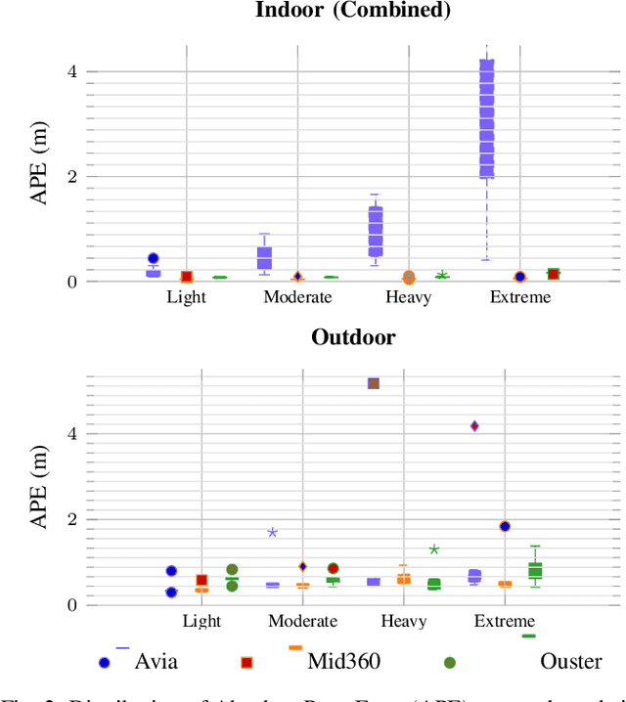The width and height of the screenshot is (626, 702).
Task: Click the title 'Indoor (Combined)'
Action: [352, 11]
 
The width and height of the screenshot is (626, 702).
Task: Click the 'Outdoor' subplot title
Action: [353, 337]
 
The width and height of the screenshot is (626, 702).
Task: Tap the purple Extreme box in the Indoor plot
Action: [486, 117]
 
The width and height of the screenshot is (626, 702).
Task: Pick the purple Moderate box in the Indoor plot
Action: [264, 257]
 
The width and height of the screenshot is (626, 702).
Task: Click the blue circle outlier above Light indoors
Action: [153, 259]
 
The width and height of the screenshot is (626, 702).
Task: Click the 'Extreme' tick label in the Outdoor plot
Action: [505, 621]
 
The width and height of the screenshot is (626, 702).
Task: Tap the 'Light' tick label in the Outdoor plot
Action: [201, 621]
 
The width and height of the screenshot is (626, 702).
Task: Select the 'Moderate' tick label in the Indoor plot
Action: [297, 297]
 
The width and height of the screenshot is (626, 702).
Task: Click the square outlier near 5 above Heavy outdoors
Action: [373, 383]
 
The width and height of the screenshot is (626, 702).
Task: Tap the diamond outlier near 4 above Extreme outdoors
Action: [474, 425]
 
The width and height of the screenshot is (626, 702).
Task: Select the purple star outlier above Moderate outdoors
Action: [272, 532]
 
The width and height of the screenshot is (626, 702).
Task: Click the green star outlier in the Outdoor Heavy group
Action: [434, 549]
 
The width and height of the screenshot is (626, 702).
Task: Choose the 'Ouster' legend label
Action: [571, 662]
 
